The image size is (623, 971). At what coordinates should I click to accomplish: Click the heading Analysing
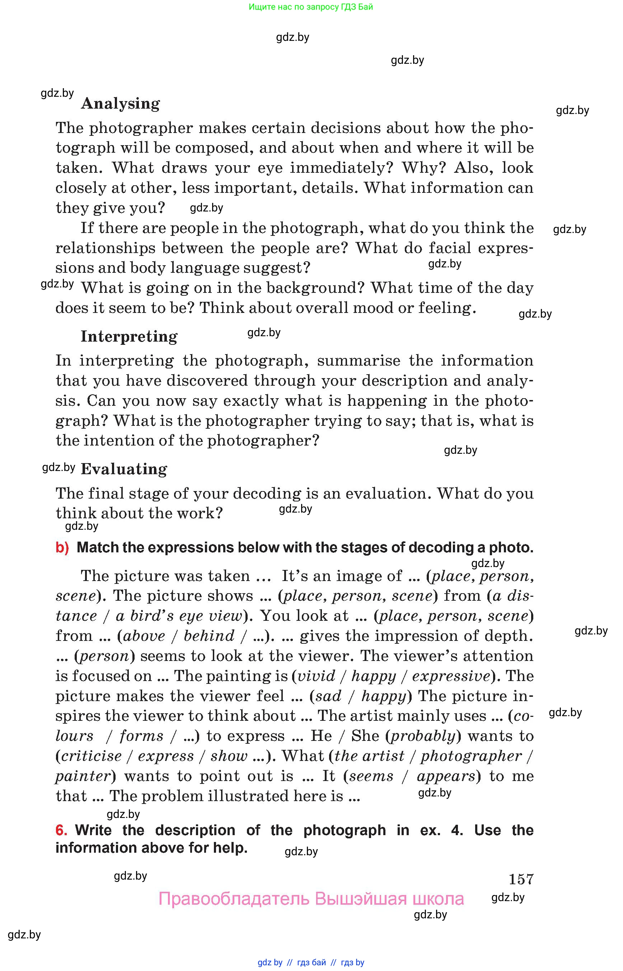[121, 104]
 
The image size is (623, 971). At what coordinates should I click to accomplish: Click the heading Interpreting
[129, 336]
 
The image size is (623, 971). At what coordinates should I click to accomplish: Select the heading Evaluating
[124, 469]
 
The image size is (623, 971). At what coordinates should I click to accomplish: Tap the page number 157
[521, 879]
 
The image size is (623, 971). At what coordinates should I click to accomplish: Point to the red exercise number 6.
[61, 830]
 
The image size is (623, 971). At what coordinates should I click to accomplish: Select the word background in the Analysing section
[315, 288]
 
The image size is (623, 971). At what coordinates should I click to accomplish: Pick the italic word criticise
[92, 756]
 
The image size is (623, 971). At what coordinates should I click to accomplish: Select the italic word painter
[83, 776]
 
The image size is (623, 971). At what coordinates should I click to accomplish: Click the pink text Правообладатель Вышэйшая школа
[311, 899]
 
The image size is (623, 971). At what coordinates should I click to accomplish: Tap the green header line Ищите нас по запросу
[311, 7]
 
